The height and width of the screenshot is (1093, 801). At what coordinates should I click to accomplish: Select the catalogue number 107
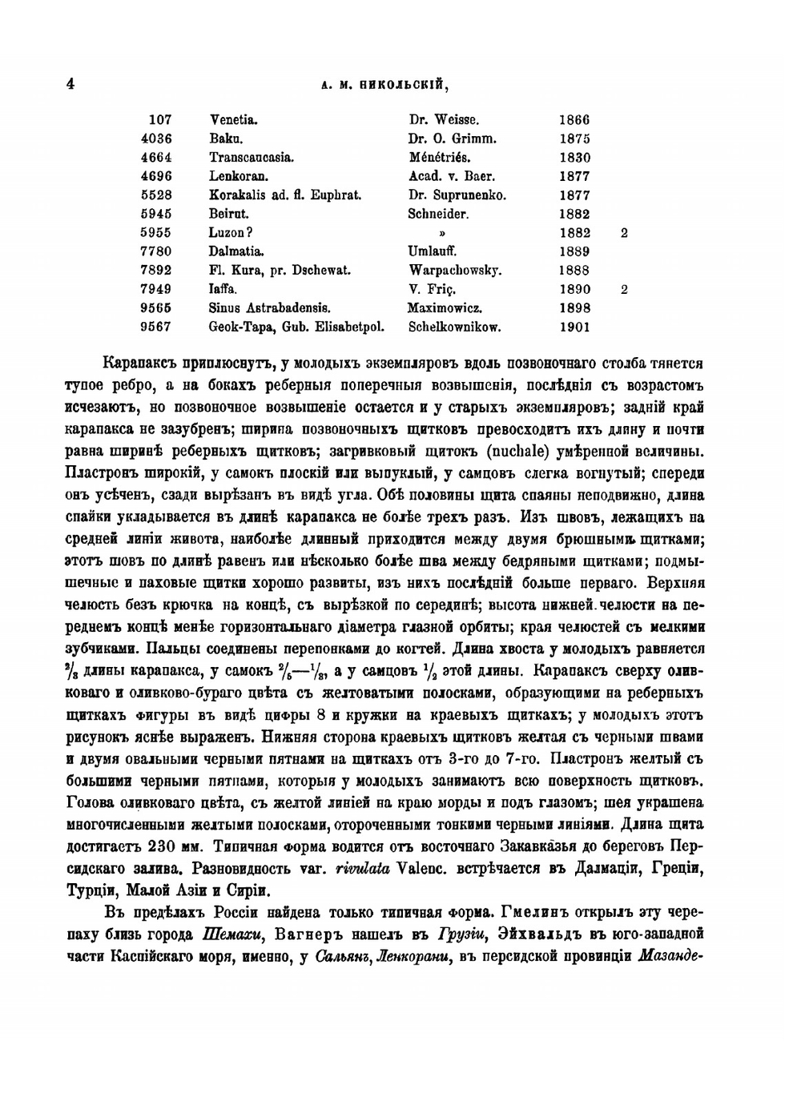click(x=160, y=120)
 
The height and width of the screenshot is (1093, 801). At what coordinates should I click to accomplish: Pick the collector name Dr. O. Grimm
click(x=453, y=139)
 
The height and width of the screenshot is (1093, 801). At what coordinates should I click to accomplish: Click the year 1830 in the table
click(x=574, y=158)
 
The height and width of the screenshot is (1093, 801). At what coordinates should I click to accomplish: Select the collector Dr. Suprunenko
click(x=457, y=195)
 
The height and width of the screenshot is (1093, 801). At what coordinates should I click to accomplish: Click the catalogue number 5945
click(x=155, y=214)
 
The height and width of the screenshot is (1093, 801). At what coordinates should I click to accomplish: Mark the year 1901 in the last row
click(x=574, y=327)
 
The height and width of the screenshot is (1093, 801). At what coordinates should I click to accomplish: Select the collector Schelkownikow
click(x=455, y=327)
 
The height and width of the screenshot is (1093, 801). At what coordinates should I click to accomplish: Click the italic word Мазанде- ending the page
click(x=671, y=956)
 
